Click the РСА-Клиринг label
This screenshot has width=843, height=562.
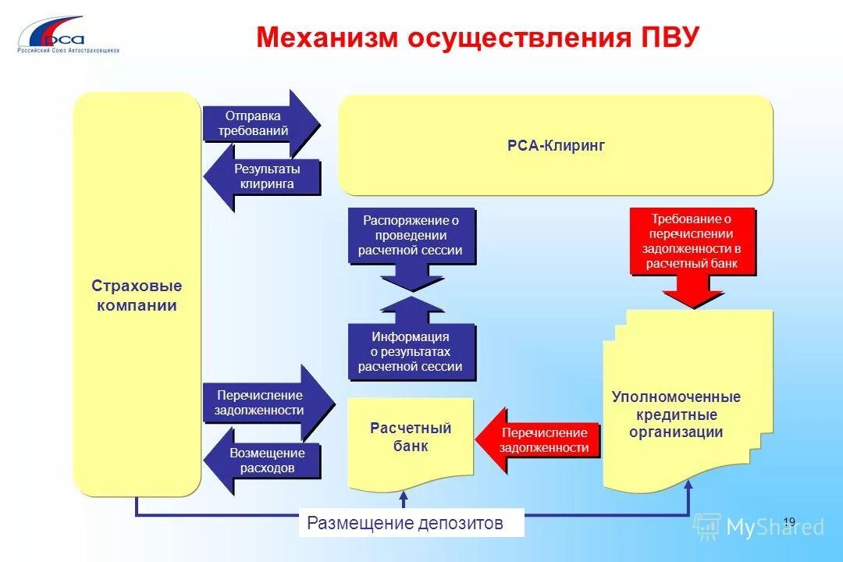click(x=555, y=146)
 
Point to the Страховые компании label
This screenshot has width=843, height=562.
click(x=137, y=295)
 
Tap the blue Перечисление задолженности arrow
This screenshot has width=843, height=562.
click(x=261, y=403)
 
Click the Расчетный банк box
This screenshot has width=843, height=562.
click(x=411, y=438)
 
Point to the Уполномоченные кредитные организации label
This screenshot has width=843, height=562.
click(x=676, y=414)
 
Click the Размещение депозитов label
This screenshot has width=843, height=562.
click(x=405, y=523)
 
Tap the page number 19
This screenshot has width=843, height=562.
click(x=788, y=521)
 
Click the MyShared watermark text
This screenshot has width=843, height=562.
click(x=774, y=528)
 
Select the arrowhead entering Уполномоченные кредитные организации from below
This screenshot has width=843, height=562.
click(x=689, y=486)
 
